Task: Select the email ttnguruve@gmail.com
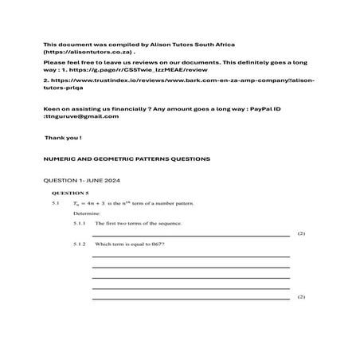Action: pyautogui.click(x=83, y=116)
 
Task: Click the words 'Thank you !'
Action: pyautogui.click(x=63, y=138)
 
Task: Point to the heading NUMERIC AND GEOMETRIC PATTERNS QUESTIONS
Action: pyautogui.click(x=127, y=158)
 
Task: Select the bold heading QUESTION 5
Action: pyautogui.click(x=70, y=194)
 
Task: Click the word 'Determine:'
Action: pyautogui.click(x=87, y=214)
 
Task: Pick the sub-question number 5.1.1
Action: pyautogui.click(x=80, y=224)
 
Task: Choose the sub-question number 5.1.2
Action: pyautogui.click(x=80, y=243)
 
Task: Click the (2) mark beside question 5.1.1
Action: pyautogui.click(x=301, y=234)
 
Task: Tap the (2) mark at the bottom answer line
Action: pyautogui.click(x=301, y=297)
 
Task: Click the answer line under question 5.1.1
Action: pyautogui.click(x=191, y=236)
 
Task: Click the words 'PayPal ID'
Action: pyautogui.click(x=273, y=108)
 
